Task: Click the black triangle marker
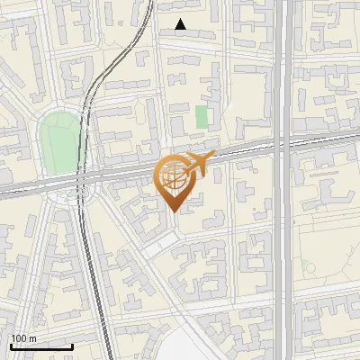point(181,24)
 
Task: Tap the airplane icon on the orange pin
point(198,164)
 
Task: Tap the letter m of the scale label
point(33,338)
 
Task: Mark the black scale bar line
point(41,346)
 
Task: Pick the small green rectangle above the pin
point(202,117)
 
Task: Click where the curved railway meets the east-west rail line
point(85,175)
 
